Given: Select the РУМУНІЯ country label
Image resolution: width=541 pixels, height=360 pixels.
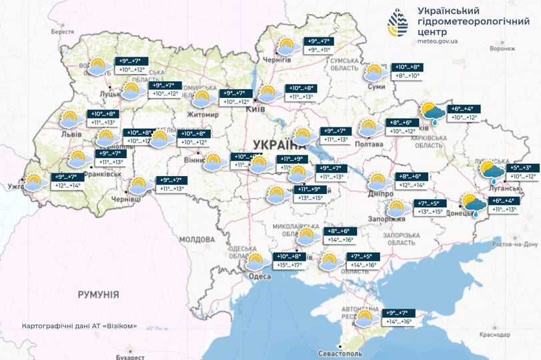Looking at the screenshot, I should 97,294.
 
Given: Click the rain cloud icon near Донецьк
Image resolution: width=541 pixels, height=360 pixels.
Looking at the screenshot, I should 474,205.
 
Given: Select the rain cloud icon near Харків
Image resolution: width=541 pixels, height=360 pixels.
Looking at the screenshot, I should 431,113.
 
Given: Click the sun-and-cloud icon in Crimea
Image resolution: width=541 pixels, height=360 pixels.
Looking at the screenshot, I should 365,319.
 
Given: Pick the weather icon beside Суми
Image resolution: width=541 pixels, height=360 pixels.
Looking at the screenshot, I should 376,73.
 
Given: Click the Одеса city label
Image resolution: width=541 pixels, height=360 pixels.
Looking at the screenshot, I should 259,276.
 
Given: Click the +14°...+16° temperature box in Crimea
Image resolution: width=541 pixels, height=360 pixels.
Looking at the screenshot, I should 398,322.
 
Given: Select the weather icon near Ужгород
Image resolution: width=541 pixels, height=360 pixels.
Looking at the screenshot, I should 32,182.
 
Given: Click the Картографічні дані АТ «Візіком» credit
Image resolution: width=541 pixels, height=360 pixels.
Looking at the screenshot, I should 79,326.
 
